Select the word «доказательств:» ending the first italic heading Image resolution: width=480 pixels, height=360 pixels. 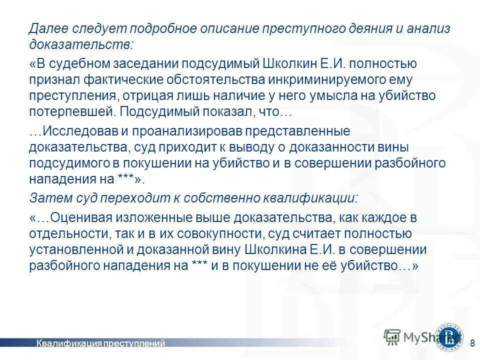coord(81,44)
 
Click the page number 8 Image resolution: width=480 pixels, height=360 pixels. coord(472,342)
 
